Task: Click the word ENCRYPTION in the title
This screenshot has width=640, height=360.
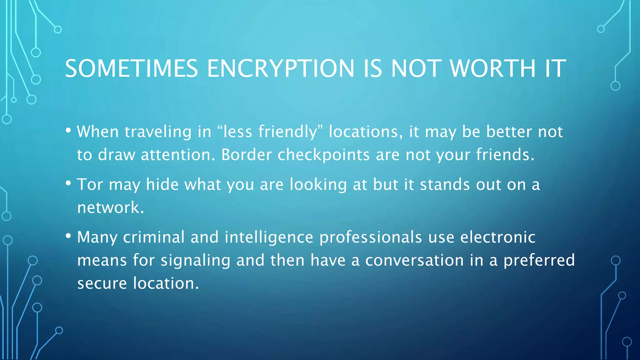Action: click(280, 68)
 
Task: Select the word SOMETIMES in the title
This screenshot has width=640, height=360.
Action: click(131, 68)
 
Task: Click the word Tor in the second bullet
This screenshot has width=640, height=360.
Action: click(90, 184)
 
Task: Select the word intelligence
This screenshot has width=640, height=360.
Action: click(269, 237)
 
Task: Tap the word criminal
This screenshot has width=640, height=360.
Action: click(154, 237)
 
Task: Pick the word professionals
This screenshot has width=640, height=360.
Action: click(371, 237)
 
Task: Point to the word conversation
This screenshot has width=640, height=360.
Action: click(414, 260)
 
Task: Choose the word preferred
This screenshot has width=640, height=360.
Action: click(539, 260)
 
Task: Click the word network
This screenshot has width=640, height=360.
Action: click(110, 207)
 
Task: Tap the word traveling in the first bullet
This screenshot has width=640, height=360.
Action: click(158, 132)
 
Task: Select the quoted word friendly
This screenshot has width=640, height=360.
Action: click(287, 132)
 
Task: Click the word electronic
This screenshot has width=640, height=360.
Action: click(498, 237)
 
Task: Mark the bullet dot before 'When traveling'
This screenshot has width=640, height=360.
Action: click(68, 130)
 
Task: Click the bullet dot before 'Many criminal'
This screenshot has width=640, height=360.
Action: click(68, 236)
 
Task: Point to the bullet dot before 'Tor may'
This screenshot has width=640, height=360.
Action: click(68, 183)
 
